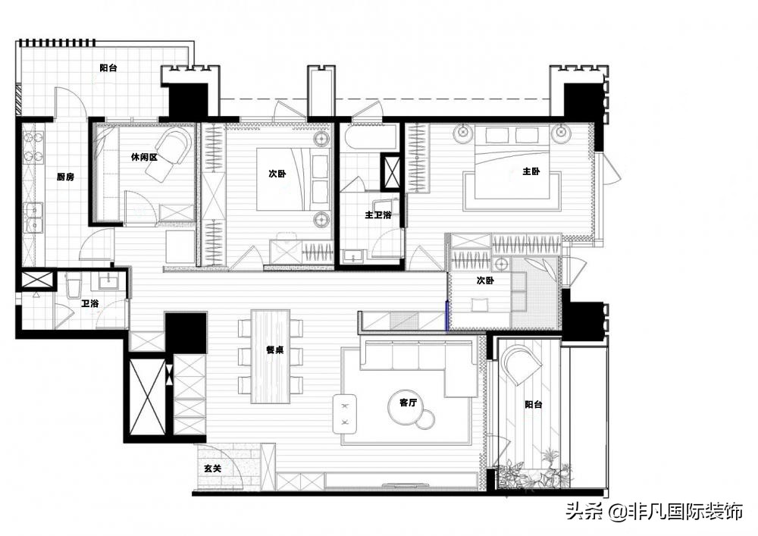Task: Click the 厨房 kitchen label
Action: coord(66,177)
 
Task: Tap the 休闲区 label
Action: coord(145,157)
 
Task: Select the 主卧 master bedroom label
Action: coord(531,171)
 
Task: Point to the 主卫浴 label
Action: coord(378,215)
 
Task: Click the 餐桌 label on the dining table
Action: coord(274,349)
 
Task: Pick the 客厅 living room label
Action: coord(408,402)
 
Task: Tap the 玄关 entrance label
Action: coord(212,469)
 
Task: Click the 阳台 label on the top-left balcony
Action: coord(108,68)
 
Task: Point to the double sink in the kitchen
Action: coord(34,218)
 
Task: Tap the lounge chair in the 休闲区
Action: coord(168,154)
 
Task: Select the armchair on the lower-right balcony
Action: coord(522,363)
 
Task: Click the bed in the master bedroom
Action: coord(513,161)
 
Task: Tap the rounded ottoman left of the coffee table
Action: coord(345,414)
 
